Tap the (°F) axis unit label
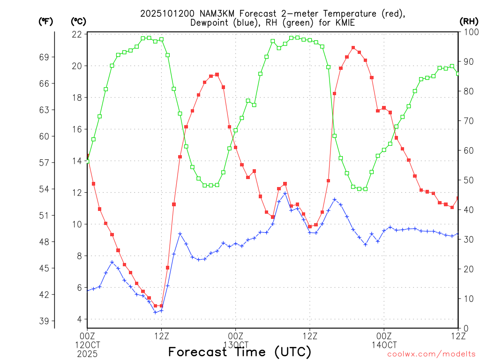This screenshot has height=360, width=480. [x=45, y=21]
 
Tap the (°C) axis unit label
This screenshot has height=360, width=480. [x=78, y=21]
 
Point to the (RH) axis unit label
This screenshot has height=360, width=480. [x=468, y=21]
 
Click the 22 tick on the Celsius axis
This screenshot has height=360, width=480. [x=77, y=34]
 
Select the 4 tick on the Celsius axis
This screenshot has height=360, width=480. [x=79, y=319]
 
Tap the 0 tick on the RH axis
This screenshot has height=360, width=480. [x=465, y=328]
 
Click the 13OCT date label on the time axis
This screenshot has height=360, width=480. [x=235, y=345]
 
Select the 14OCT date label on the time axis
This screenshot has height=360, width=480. [x=384, y=345]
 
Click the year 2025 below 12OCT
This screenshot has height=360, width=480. [x=87, y=352]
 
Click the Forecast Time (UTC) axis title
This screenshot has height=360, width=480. [x=240, y=352]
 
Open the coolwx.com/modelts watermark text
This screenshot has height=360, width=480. [x=431, y=354]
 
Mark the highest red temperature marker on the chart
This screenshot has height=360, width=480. [x=353, y=47]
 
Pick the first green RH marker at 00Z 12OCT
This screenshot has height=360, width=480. [x=87, y=161]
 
